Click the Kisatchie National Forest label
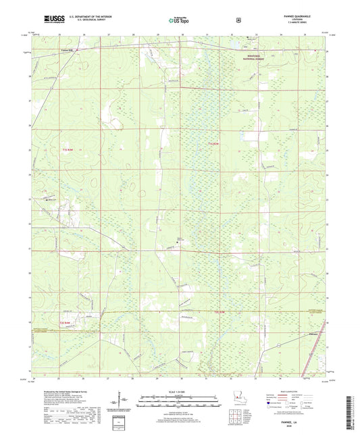[x=257, y=59]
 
